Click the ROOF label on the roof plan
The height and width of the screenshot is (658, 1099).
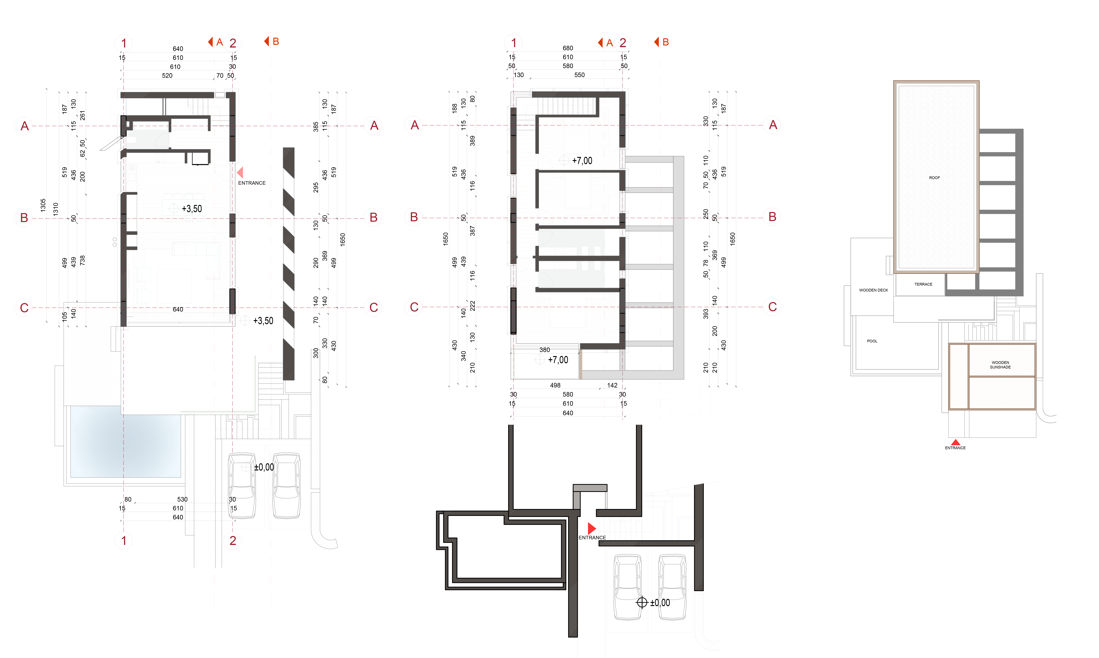[x=934, y=178]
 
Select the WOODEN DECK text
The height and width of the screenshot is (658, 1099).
[x=873, y=290]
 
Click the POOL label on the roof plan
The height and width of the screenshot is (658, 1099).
[x=872, y=341]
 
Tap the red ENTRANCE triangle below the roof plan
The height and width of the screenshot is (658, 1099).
[x=955, y=442]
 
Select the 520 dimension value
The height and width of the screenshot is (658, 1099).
[x=167, y=75]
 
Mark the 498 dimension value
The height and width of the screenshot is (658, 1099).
[x=555, y=385]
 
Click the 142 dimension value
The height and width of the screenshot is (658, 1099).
[x=612, y=385]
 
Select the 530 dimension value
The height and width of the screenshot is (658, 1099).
[x=182, y=499]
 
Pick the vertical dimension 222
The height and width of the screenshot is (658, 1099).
[x=473, y=306]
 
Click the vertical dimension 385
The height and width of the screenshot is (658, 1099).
[x=316, y=127]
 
